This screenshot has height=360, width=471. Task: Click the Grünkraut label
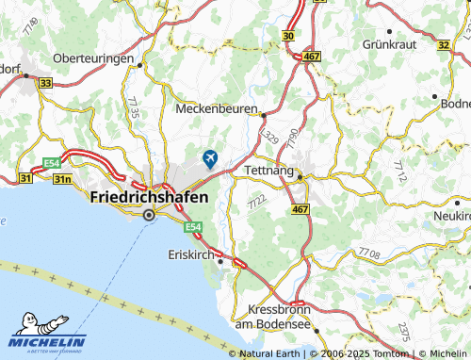(x=391, y=44)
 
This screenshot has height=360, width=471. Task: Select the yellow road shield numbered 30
(x=287, y=34)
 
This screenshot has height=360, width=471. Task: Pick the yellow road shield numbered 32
(x=444, y=44)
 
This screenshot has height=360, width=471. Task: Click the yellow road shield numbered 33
(x=45, y=84)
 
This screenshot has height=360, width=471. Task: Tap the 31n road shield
(x=62, y=177)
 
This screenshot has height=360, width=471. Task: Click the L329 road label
(x=271, y=138)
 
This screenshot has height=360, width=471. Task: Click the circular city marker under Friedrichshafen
(x=148, y=216)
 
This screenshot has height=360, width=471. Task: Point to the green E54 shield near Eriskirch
(x=193, y=228)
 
